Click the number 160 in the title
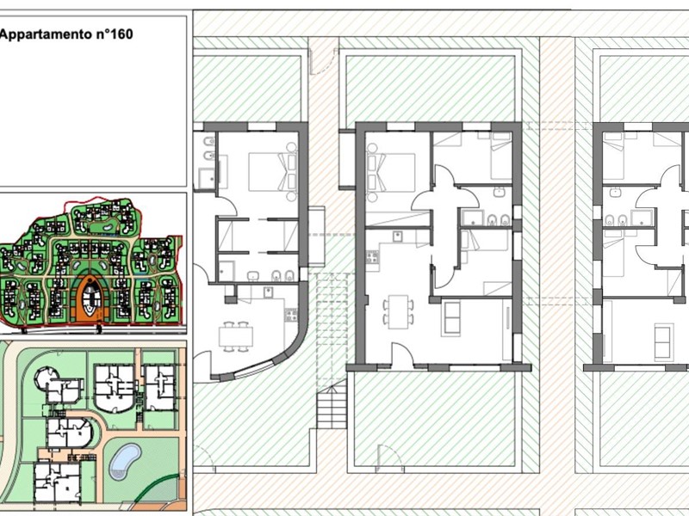coord(119,34)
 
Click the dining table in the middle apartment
coord(399,311)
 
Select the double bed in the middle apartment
coord(391,172)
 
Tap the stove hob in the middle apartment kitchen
coord(372,256)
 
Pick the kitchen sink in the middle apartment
coord(399,236)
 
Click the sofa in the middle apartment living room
coord(451,317)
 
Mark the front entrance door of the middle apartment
coord(402,354)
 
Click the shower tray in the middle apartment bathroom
coord(472,218)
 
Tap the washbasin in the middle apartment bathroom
coord(500,192)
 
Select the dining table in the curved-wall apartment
coord(236,337)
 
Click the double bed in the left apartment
coord(272,171)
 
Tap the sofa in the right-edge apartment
coord(663,340)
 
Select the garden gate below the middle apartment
coord(390,457)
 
